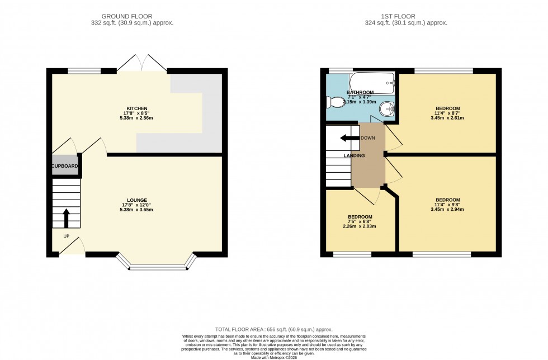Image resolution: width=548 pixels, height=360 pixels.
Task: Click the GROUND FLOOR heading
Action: pos(132,16)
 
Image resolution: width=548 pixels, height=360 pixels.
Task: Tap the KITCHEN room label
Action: pos(137,108)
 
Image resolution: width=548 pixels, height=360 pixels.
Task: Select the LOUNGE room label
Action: pos(137,200)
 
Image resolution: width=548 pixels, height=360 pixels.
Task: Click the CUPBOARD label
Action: pos(65,167)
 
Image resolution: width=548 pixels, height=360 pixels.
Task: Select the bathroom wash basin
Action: pos(386,108)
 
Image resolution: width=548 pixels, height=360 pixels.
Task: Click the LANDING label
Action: pos(355,156)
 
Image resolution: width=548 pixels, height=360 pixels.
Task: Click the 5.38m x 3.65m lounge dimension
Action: pos(137,210)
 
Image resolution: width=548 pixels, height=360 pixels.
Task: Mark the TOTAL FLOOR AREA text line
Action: pos(274,330)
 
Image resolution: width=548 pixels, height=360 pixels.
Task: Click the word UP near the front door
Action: pos(66,236)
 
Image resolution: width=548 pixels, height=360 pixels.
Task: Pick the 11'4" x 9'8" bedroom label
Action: pos(448,205)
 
